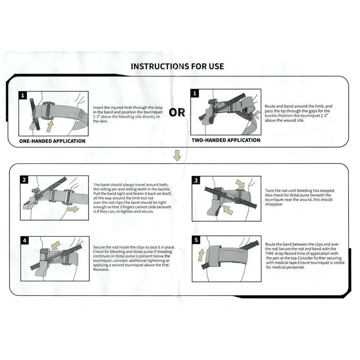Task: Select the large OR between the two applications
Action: [177, 112]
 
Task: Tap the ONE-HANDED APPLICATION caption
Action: [52, 141]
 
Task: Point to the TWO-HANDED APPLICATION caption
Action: [226, 140]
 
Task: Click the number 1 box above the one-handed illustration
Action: [23, 95]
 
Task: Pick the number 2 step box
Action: [24, 179]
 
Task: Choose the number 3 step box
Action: [196, 180]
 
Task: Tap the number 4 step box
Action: [24, 241]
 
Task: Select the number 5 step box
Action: [196, 241]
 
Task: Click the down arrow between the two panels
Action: [177, 155]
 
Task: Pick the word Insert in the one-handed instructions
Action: [99, 107]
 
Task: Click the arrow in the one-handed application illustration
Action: [50, 126]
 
